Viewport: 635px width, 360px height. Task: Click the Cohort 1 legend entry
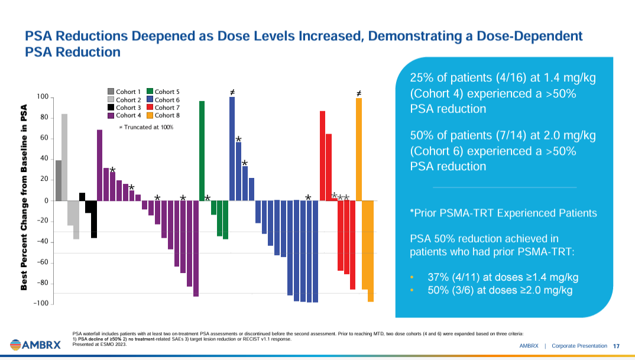(x=124, y=92)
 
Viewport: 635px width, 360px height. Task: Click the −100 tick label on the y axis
(x=40, y=303)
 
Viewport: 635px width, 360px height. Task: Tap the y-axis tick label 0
(x=46, y=200)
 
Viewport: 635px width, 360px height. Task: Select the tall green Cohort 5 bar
(x=202, y=151)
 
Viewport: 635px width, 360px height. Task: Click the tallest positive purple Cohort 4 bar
(x=100, y=165)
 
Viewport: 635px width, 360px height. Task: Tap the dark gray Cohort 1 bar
(x=59, y=180)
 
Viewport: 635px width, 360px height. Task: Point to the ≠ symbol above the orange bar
(x=359, y=93)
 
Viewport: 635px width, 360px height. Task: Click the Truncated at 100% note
(x=146, y=127)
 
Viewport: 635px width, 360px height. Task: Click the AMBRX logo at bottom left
(x=35, y=344)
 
